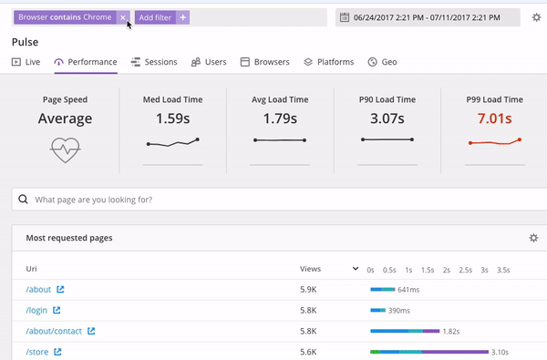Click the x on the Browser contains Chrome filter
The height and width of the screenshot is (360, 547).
(x=123, y=17)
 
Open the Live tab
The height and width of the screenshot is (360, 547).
(x=26, y=62)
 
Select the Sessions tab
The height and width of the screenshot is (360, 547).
(x=154, y=62)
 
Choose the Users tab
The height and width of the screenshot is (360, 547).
(x=209, y=62)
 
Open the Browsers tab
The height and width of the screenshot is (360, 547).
(x=264, y=62)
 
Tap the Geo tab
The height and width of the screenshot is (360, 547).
(x=382, y=62)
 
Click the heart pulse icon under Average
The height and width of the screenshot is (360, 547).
(x=66, y=149)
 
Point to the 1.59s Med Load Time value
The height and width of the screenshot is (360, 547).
(x=172, y=118)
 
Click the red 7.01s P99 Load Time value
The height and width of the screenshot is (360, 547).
(x=493, y=118)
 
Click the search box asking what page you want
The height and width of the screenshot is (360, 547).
(x=273, y=200)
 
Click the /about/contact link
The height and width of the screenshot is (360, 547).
(x=54, y=331)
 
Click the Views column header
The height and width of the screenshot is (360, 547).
(x=310, y=269)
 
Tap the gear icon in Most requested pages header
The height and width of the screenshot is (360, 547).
(x=533, y=238)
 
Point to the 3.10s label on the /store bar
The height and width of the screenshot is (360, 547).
(x=499, y=352)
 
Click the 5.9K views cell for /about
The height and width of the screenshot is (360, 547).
(x=308, y=290)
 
